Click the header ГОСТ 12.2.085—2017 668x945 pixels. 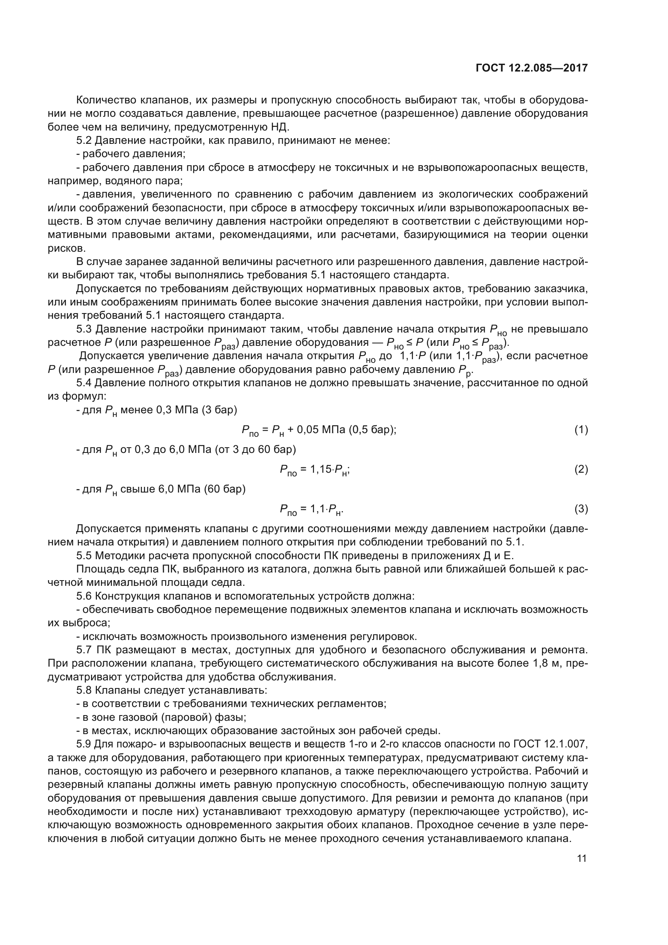pyautogui.click(x=531, y=68)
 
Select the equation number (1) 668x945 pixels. pyautogui.click(x=581, y=430)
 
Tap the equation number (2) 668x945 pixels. pyautogui.click(x=581, y=469)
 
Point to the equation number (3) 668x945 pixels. pyautogui.click(x=581, y=509)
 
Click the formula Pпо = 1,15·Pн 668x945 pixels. pyautogui.click(x=315, y=470)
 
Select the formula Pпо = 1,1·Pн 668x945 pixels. pyautogui.click(x=311, y=510)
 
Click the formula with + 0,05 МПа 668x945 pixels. pyautogui.click(x=319, y=431)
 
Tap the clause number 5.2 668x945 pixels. pyautogui.click(x=84, y=141)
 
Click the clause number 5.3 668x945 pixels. pyautogui.click(x=84, y=329)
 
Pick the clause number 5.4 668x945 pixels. pyautogui.click(x=84, y=383)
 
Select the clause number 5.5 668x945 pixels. pyautogui.click(x=84, y=556)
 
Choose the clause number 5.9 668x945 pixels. pyautogui.click(x=84, y=744)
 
